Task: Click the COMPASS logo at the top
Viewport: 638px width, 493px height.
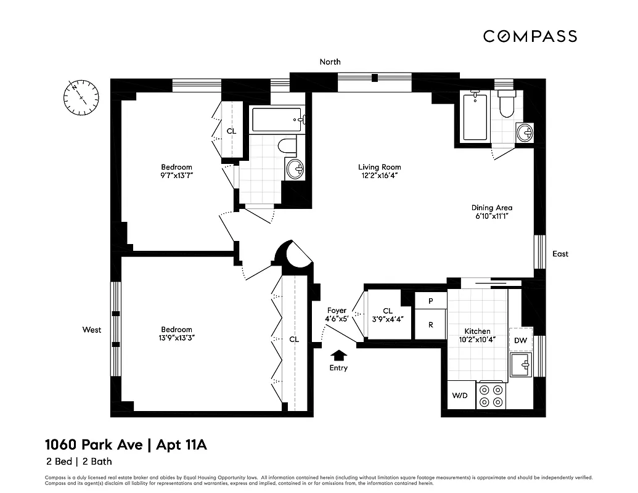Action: (x=530, y=36)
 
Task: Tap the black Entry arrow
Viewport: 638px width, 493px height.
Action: (x=338, y=355)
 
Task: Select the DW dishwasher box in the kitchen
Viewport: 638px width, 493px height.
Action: (x=520, y=340)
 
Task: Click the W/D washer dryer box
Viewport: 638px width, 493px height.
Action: (x=459, y=395)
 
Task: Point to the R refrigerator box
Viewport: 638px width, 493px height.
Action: (x=430, y=324)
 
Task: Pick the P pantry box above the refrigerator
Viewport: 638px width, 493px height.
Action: (x=430, y=300)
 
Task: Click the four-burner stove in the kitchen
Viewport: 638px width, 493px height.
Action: (x=491, y=395)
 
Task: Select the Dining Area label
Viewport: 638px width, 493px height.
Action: (x=491, y=208)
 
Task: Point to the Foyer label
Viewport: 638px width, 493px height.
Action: (x=337, y=311)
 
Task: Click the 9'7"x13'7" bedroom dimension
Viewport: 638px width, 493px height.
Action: (x=176, y=176)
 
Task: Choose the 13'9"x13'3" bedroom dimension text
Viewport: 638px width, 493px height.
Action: (x=176, y=338)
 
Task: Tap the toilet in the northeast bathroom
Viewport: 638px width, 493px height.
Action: (x=506, y=106)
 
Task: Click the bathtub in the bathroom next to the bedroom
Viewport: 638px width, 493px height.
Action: (x=277, y=120)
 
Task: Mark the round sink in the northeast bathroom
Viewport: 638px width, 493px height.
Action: (x=525, y=132)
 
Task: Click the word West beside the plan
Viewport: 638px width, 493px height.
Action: (x=92, y=330)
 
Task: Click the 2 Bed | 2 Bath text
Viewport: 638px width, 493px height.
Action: (x=78, y=461)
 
